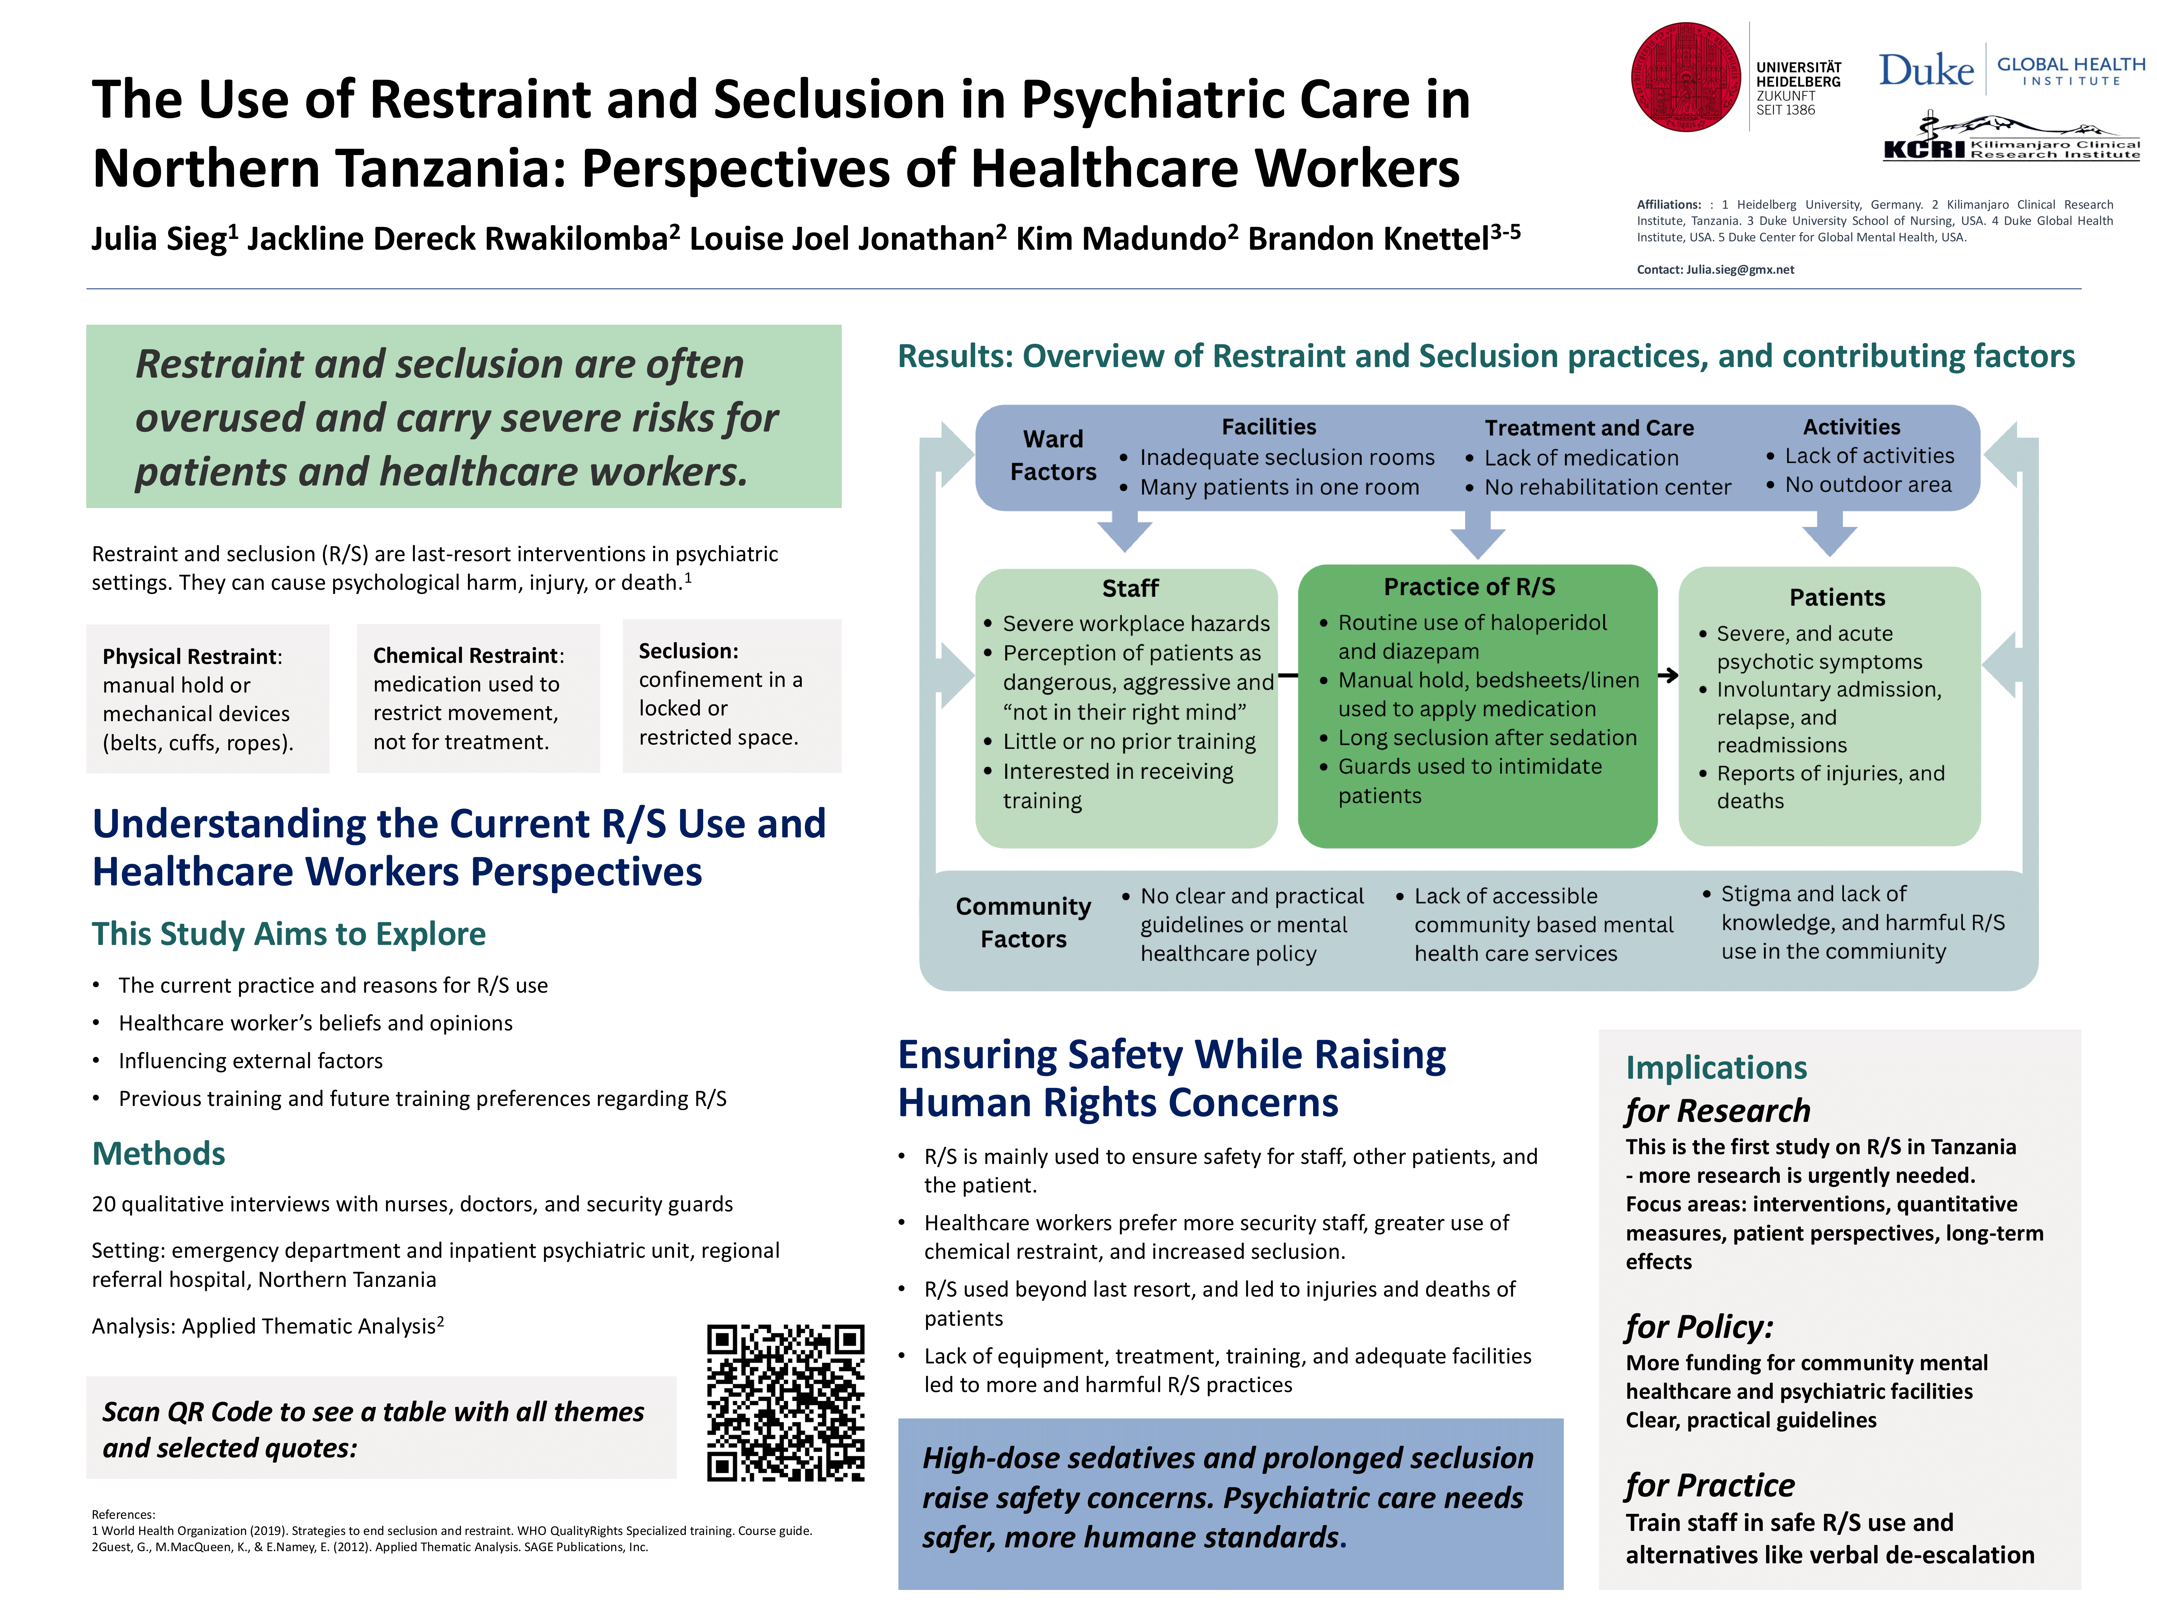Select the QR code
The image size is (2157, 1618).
click(x=785, y=1403)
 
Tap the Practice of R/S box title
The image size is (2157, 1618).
click(x=1469, y=587)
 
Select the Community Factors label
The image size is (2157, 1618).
click(x=1023, y=923)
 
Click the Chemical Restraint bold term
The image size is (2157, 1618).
click(x=465, y=655)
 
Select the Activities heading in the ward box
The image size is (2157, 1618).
click(x=1851, y=427)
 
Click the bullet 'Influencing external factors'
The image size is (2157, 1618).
click(x=250, y=1061)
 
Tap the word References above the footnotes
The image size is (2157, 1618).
click(x=123, y=1515)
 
